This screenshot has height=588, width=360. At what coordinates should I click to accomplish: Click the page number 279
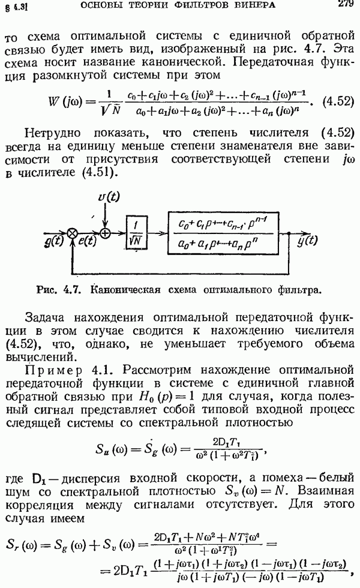tap(344, 5)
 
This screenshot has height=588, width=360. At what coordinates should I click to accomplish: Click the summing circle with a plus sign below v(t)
tap(106, 232)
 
